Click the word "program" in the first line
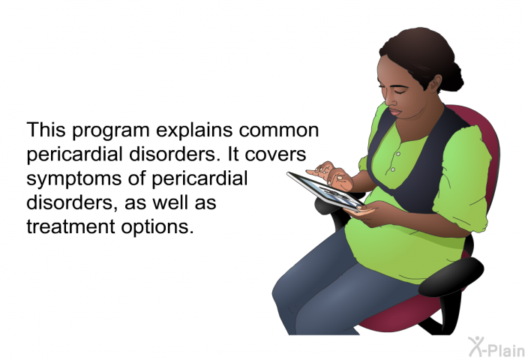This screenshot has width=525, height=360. [111, 131]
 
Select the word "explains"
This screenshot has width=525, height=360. [194, 130]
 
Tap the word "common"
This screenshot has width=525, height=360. [278, 130]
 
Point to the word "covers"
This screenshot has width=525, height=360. [275, 154]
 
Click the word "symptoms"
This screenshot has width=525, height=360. [74, 179]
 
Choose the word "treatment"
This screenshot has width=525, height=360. [71, 226]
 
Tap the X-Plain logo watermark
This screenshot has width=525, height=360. [496, 347]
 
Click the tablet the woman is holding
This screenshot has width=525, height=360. [325, 191]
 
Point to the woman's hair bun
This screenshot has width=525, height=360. [453, 76]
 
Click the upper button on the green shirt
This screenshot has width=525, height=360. [398, 154]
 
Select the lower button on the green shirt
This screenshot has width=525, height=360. [393, 169]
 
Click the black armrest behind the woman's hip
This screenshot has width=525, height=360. [451, 277]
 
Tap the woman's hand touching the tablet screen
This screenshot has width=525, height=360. [330, 175]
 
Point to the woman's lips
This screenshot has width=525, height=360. [394, 111]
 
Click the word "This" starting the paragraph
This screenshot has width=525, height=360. [46, 130]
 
